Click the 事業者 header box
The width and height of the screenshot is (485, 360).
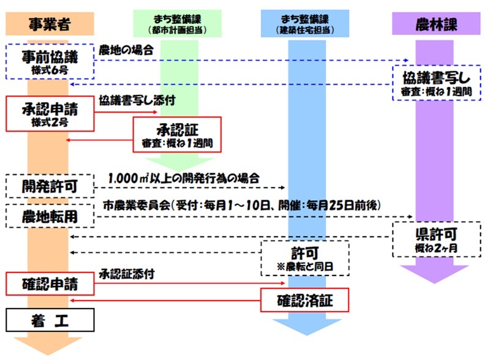pyautogui.click(x=49, y=24)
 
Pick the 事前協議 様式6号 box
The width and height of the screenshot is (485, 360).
pyautogui.click(x=50, y=62)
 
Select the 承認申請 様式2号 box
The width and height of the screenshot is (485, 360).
pyautogui.click(x=50, y=113)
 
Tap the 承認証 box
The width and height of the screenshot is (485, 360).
pyautogui.click(x=177, y=133)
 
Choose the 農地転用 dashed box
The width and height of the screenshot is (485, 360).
pyautogui.click(x=50, y=216)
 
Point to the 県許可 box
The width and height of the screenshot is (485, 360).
pyautogui.click(x=435, y=239)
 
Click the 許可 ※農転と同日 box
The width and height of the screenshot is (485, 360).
pyautogui.click(x=304, y=258)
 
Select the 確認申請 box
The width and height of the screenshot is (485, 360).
pyautogui.click(x=50, y=284)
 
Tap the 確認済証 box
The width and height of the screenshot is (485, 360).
pyautogui.click(x=305, y=301)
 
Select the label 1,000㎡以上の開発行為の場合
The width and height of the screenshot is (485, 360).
pyautogui.click(x=184, y=177)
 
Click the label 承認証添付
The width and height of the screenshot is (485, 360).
pyautogui.click(x=126, y=274)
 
